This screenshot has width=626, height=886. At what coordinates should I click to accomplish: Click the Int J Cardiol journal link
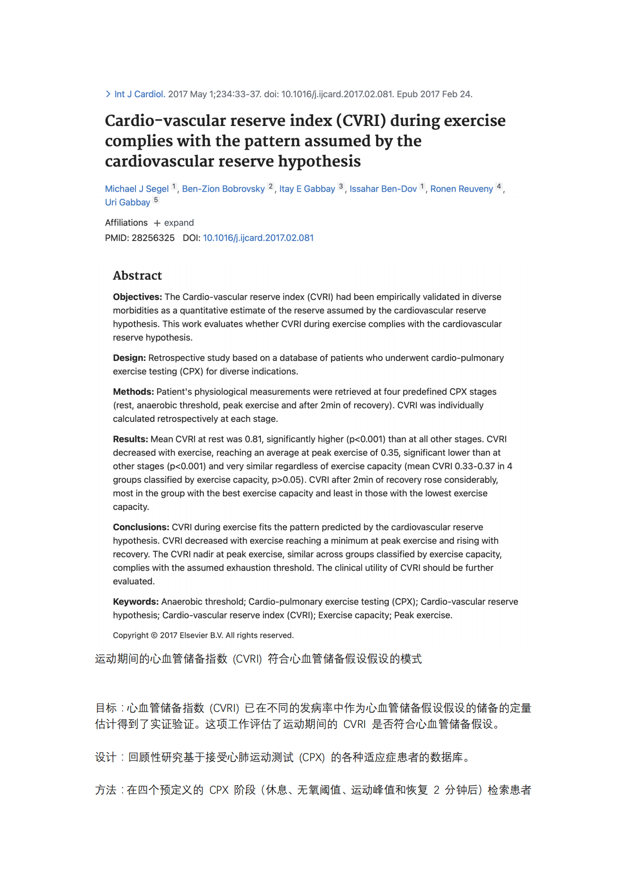(x=139, y=94)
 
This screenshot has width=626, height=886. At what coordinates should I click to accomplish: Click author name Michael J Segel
(x=136, y=189)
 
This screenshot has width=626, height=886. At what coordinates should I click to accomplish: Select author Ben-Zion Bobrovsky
(x=223, y=189)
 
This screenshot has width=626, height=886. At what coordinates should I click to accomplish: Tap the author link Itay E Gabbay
(x=307, y=189)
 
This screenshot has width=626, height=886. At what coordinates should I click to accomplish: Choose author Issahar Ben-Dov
(x=383, y=189)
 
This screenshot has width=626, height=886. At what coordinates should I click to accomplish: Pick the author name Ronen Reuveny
(x=461, y=189)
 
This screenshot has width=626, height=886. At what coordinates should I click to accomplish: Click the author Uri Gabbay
(x=127, y=203)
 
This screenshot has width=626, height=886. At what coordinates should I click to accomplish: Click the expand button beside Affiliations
(x=174, y=223)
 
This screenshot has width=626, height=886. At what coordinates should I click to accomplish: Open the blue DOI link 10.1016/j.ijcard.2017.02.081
(x=258, y=238)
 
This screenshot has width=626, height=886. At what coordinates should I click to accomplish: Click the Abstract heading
(x=137, y=276)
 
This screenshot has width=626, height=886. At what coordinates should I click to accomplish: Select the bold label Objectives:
(x=137, y=297)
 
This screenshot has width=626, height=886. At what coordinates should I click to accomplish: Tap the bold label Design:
(x=129, y=358)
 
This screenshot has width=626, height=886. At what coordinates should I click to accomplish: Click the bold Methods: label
(x=133, y=392)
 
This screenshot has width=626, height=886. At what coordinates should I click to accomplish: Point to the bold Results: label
(x=130, y=439)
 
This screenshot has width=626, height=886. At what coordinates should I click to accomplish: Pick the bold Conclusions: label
(x=141, y=528)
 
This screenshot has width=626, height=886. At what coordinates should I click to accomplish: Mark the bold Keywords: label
(x=135, y=602)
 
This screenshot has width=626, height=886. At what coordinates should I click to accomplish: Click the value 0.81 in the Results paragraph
(x=253, y=439)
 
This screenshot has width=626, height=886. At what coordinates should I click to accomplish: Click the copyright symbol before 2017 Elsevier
(x=154, y=635)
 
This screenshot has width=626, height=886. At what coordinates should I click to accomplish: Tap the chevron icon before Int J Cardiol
(x=108, y=94)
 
